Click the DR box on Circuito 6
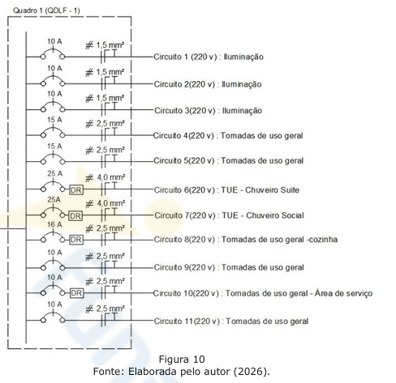[76, 189]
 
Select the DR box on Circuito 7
[75, 215]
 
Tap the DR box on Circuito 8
[76, 240]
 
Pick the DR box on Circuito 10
[77, 293]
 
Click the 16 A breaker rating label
[54, 224]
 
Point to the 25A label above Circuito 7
[54, 200]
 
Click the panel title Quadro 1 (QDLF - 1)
[46, 11]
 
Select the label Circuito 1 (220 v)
[186, 57]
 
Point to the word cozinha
[323, 240]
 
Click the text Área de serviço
[343, 293]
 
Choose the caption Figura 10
[182, 360]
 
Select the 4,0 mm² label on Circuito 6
[111, 177]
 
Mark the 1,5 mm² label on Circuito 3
[110, 98]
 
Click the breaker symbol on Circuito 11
[53, 317]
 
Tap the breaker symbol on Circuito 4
[53, 132]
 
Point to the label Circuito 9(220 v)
[185, 267]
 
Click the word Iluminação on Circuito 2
[242, 84]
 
